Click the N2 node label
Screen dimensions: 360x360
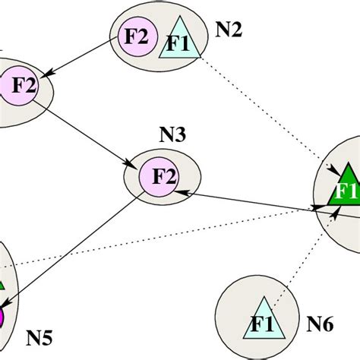[229, 30]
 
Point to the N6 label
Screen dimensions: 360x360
[320, 325]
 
